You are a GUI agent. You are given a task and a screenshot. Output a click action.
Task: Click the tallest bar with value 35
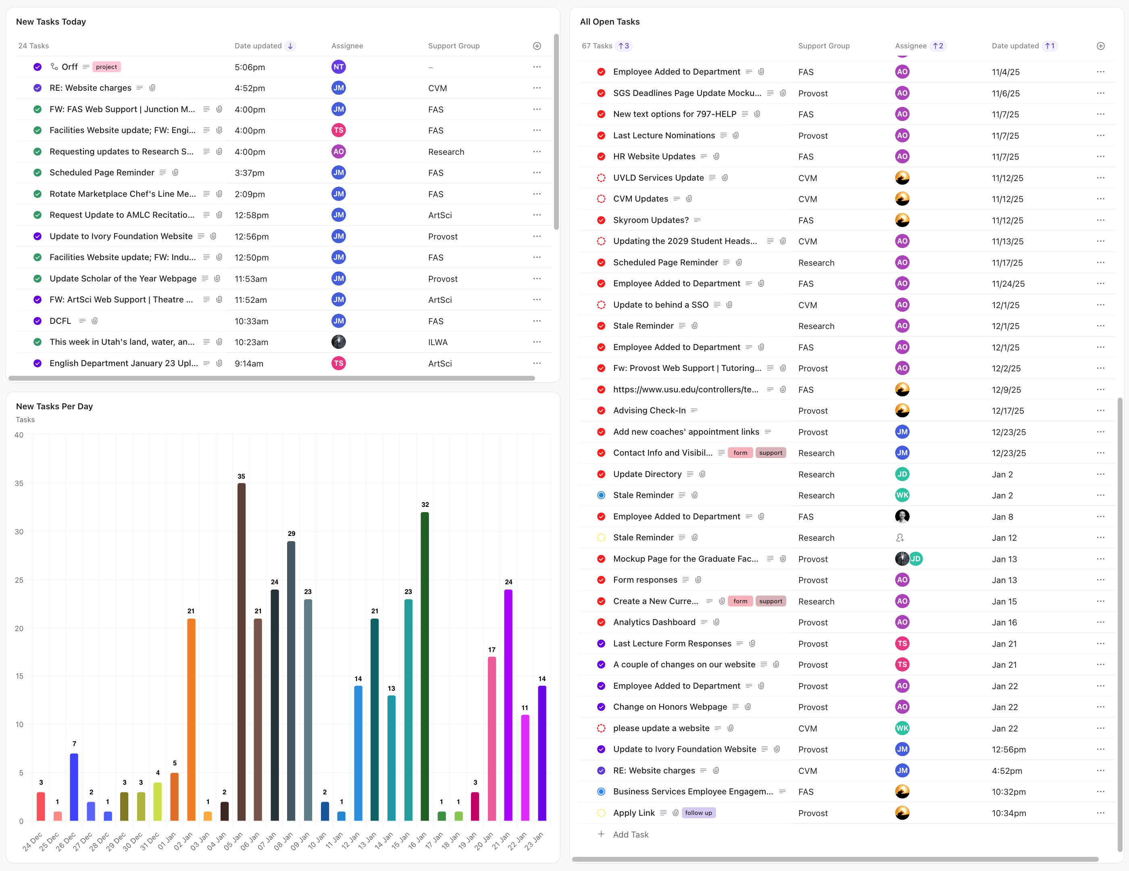click(x=242, y=651)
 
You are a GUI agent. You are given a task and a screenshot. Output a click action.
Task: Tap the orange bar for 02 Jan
click(x=191, y=719)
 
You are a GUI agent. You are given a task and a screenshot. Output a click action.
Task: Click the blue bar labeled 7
click(x=74, y=787)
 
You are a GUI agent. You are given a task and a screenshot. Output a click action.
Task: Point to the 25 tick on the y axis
click(x=19, y=580)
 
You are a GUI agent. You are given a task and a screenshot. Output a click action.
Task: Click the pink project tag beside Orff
click(x=106, y=67)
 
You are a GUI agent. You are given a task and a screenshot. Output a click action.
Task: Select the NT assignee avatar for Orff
click(x=339, y=67)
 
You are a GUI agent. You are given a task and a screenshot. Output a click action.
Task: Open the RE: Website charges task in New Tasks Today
click(x=90, y=88)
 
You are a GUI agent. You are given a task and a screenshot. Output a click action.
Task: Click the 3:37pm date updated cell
click(x=250, y=173)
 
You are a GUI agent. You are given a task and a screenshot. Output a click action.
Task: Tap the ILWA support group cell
click(x=438, y=342)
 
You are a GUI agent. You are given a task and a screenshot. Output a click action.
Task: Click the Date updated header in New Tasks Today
click(x=258, y=46)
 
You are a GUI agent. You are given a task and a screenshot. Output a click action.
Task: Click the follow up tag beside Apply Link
click(x=698, y=813)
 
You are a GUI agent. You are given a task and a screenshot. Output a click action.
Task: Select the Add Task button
click(x=630, y=834)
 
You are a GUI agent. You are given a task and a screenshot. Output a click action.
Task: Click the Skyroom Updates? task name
click(x=651, y=220)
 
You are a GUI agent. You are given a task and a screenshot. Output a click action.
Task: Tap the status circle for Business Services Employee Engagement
click(x=601, y=792)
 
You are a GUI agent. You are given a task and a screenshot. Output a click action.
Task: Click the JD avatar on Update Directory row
click(x=902, y=474)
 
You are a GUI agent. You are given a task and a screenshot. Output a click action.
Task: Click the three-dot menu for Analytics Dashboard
click(x=1100, y=622)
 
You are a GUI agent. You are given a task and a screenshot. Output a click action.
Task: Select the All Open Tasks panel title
click(x=610, y=22)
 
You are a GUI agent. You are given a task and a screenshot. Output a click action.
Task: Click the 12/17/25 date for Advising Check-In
click(x=1008, y=410)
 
